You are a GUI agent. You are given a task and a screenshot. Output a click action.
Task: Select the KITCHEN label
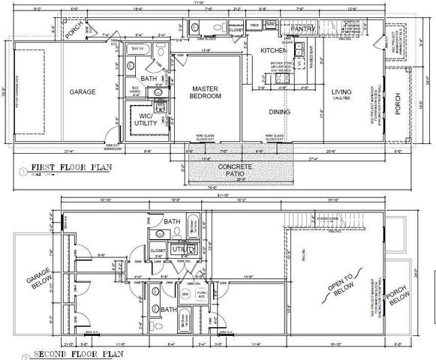coord(274,50)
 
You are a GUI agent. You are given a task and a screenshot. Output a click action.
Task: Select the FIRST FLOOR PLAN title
coord(72,169)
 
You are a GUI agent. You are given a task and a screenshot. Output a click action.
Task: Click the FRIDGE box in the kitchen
coord(254,25)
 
